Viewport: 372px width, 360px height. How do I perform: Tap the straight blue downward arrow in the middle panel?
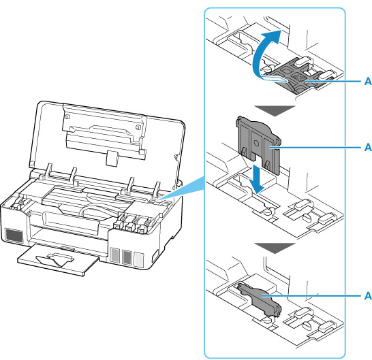(257, 179)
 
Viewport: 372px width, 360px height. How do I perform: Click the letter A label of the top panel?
(368, 82)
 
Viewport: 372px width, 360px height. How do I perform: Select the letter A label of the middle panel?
(368, 147)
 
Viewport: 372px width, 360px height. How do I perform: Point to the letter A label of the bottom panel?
(368, 295)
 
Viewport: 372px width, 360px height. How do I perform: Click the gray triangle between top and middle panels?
(275, 111)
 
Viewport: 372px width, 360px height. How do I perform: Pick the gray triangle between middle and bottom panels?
(275, 248)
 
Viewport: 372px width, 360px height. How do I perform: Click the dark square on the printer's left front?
(14, 235)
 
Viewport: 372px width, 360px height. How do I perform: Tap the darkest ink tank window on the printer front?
(127, 257)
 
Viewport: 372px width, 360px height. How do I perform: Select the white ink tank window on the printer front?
(139, 259)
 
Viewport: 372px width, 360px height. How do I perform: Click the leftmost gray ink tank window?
(115, 255)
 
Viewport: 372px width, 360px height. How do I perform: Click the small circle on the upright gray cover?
(256, 143)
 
